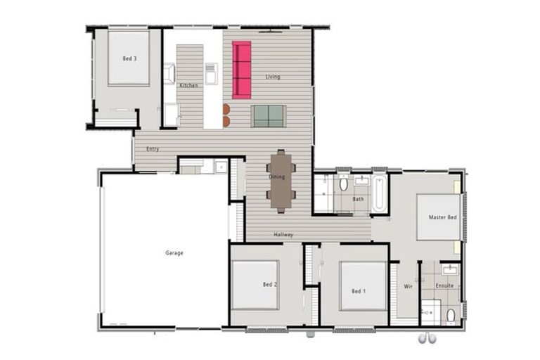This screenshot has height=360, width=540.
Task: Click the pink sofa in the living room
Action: pos(241,70)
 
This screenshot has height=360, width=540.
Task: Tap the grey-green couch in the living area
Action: pos(268,116)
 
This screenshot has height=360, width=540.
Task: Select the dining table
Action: pos(281,180)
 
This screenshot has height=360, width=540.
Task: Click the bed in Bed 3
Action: pos(129,58)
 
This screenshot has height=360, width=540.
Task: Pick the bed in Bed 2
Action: pos(255,285)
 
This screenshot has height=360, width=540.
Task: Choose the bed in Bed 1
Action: pos(363,285)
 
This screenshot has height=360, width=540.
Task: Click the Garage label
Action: pos(174,253)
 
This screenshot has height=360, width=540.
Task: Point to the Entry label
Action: pos(153,149)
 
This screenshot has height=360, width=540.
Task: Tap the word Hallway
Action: pos(283,234)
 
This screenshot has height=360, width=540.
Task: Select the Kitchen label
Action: pos(188,85)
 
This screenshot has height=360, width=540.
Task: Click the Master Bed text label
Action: pos(442,217)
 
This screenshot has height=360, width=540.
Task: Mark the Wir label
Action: pos(408,286)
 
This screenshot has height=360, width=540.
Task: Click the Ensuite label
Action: pos(444,286)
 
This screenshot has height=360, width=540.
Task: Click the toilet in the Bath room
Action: pos(343,185)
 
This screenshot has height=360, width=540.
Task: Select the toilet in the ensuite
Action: pos(451,313)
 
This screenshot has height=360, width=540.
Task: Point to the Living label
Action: pos(273,77)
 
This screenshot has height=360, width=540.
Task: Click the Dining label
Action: pos(276,177)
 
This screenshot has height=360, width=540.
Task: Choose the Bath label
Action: pos(359,199)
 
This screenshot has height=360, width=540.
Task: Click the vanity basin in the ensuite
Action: pos(449,269)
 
